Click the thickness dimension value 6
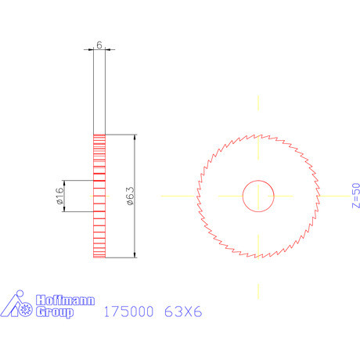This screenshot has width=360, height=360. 99,45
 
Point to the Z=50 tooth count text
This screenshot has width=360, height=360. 355,196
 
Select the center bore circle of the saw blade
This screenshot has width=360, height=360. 257,196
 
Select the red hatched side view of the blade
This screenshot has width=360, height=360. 99,196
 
